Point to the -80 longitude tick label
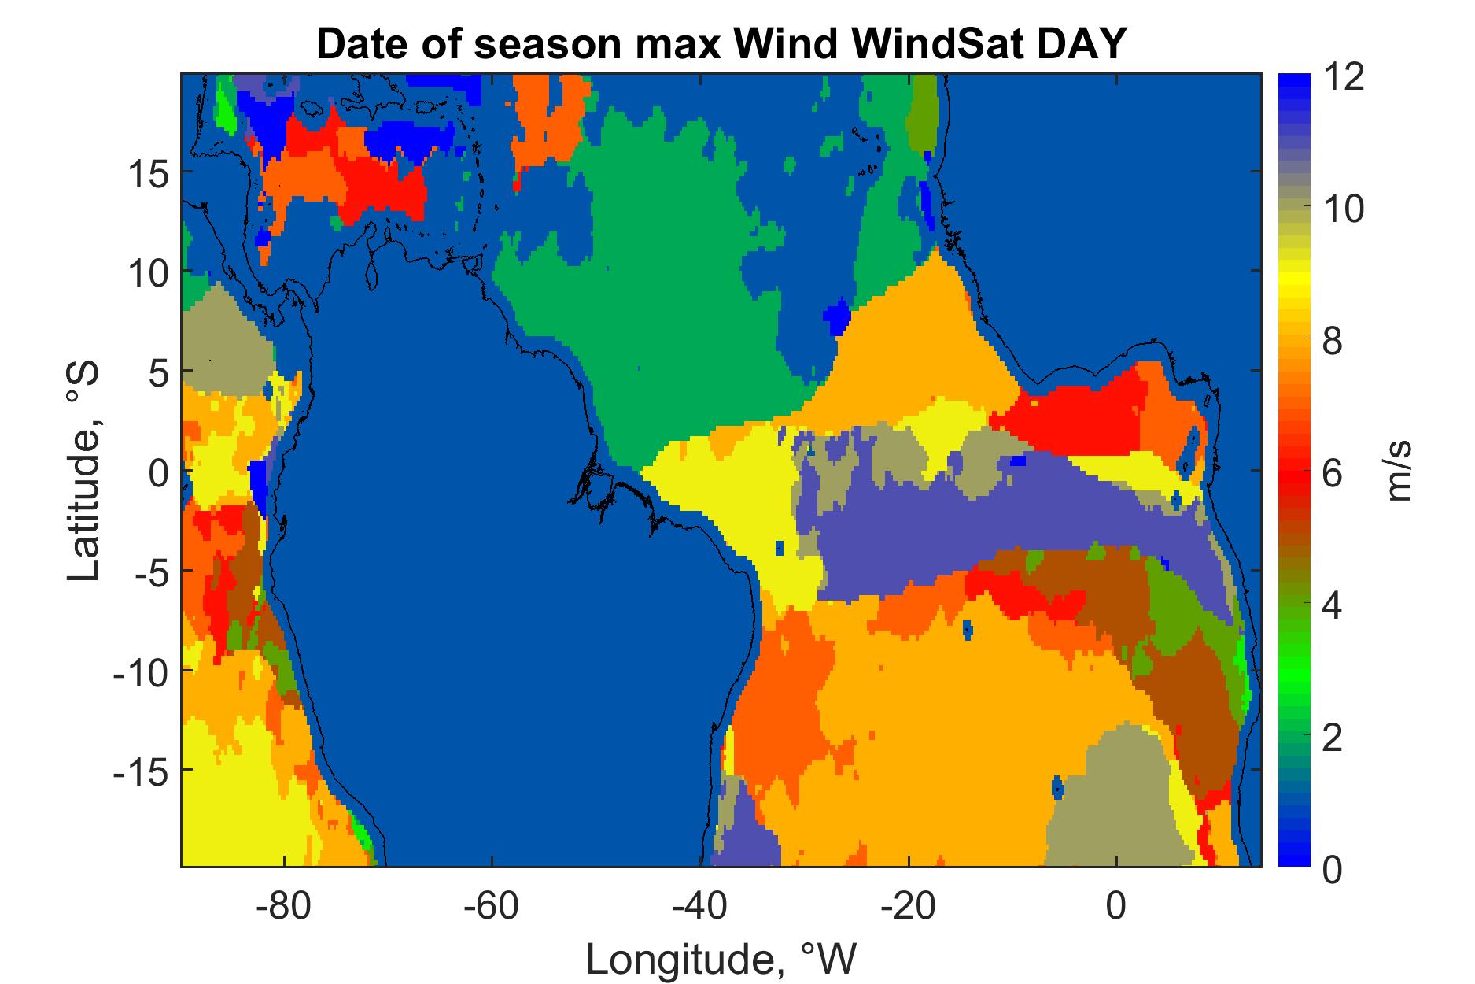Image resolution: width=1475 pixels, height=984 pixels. click(x=285, y=906)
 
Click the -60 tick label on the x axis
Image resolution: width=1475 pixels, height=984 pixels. click(x=492, y=906)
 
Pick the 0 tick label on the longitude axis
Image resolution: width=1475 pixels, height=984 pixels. click(x=1116, y=906)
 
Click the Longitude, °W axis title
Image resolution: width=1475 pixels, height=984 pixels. click(x=721, y=959)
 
